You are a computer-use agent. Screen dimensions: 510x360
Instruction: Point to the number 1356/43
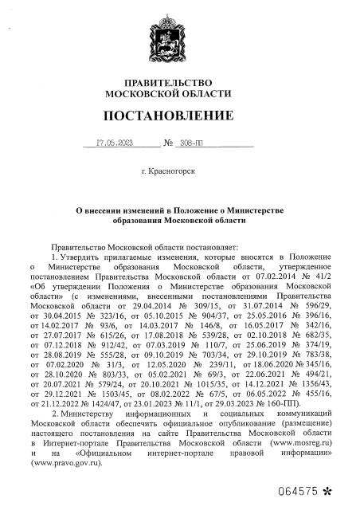click(313, 381)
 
